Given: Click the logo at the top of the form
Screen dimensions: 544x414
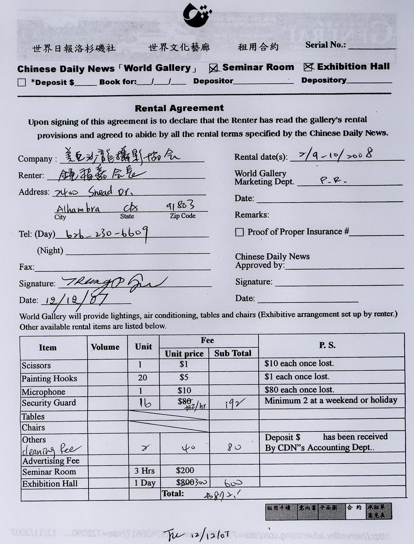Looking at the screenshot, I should coord(198,15).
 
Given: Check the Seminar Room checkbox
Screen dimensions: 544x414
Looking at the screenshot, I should coord(213,68).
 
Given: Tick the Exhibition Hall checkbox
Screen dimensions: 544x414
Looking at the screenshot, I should coord(308,67).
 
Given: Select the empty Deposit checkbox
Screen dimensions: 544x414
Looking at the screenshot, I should coord(21,82).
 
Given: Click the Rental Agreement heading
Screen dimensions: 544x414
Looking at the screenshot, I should coord(179,108).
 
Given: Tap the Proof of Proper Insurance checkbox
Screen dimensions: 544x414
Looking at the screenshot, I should coord(239,232).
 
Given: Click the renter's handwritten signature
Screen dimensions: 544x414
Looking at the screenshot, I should coord(113,282).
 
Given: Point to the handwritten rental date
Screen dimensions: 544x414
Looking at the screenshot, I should coord(336,154).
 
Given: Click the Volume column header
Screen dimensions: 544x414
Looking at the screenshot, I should coord(105,347).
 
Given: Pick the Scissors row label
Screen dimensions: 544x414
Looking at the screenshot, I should coord(36,365).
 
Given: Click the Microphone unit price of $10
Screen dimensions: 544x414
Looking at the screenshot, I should coord(184,390).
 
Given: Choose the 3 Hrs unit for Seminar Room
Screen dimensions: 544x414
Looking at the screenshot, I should coord(143,471).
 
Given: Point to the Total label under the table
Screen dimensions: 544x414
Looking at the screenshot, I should coord(173,494).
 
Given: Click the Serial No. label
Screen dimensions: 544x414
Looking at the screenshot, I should coord(325,45).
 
